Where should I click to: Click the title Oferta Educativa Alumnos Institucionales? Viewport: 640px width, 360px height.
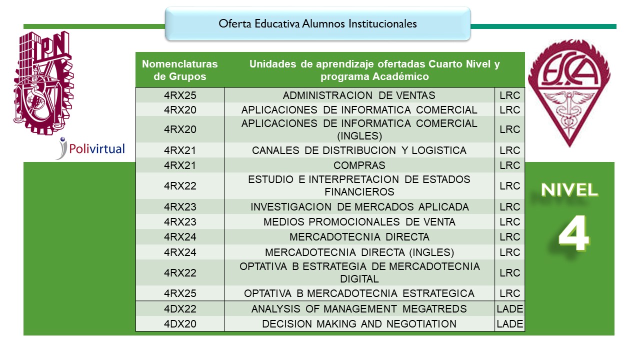317,23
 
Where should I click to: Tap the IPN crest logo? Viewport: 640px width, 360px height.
42,82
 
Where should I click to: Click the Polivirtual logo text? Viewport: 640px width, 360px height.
97,148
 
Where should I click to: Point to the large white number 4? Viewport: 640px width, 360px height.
573,235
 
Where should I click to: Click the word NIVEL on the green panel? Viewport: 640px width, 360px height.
569,190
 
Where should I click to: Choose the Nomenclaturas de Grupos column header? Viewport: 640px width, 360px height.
180,70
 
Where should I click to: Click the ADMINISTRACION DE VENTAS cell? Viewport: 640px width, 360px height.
359,95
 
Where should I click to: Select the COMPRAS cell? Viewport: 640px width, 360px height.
359,165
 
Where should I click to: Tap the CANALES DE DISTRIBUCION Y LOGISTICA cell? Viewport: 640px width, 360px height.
359,150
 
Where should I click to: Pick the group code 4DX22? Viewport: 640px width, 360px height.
180,309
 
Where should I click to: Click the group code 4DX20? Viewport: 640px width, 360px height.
180,324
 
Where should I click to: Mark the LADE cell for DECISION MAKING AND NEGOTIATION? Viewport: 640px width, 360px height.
510,324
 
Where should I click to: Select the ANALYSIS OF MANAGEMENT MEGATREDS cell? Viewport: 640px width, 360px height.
359,309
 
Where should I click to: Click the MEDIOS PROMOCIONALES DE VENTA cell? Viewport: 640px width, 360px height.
359,222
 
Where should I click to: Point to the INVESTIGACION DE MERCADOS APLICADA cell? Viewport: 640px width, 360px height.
359,207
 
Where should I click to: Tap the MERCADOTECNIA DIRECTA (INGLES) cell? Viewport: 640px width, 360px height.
359,252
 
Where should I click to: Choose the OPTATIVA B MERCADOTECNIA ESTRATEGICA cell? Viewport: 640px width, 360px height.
359,293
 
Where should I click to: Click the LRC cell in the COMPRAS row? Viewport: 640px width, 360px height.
510,165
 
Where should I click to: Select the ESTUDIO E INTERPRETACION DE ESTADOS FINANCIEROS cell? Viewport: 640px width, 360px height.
359,185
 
